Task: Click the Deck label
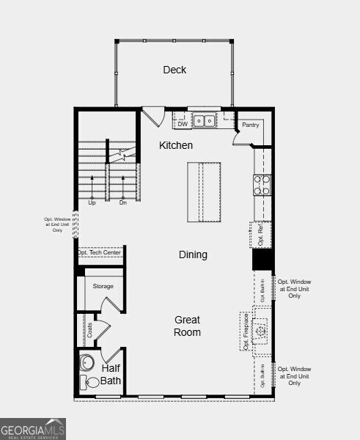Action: click(x=175, y=70)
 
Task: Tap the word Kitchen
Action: click(x=176, y=146)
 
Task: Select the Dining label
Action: click(x=193, y=255)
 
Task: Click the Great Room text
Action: click(x=187, y=326)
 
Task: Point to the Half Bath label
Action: click(x=111, y=375)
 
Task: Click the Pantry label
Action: click(x=251, y=125)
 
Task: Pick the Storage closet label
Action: click(x=103, y=286)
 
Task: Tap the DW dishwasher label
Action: click(x=182, y=124)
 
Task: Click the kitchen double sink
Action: click(x=205, y=120)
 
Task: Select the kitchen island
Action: click(x=203, y=191)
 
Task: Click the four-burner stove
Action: click(x=262, y=185)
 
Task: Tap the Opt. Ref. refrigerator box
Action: click(x=261, y=234)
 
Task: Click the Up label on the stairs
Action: click(x=92, y=202)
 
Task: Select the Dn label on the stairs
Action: click(x=123, y=202)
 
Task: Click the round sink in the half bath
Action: click(x=88, y=362)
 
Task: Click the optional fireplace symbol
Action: click(x=260, y=331)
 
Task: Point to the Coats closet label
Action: click(x=90, y=331)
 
